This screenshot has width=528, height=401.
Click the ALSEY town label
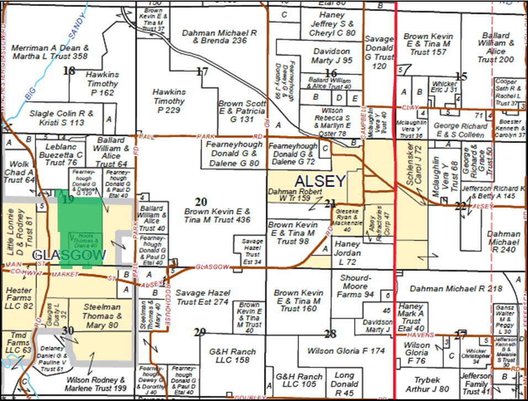point(320,181)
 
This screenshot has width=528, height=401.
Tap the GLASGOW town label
point(69,255)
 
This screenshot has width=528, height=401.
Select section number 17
point(203,71)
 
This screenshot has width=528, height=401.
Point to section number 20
point(201,202)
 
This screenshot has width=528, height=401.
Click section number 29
point(200,332)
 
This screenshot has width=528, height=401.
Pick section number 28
point(330,334)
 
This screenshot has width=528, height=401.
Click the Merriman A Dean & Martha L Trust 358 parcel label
point(58,52)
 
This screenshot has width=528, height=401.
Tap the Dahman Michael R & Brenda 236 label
point(219,37)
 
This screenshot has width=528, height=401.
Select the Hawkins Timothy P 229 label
point(169,101)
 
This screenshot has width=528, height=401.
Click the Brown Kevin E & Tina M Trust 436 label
point(217,215)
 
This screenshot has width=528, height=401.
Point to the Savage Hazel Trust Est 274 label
point(203,297)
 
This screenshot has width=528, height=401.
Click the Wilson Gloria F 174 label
point(338,351)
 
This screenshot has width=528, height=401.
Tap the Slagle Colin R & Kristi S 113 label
point(61,118)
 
